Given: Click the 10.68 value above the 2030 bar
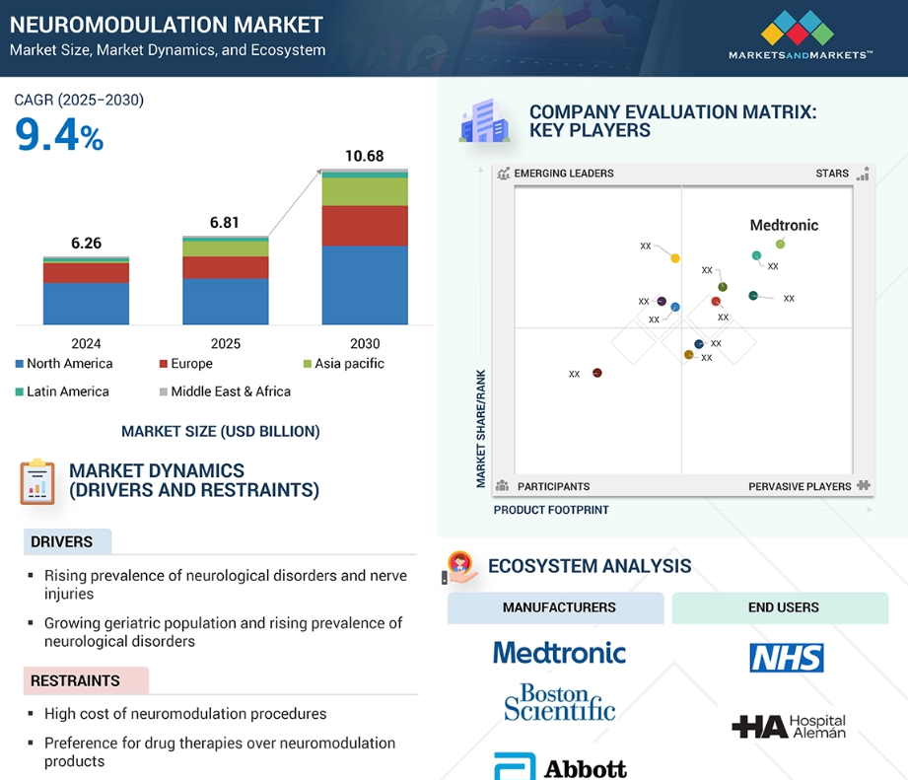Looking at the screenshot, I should click(x=364, y=156).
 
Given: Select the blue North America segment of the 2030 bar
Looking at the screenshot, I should click(x=364, y=285).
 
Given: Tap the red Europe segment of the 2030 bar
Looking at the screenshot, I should click(x=364, y=225).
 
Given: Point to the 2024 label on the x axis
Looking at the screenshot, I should click(x=86, y=343).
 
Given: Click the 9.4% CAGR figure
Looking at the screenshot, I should click(x=59, y=135).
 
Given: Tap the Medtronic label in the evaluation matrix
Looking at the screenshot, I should click(x=784, y=225).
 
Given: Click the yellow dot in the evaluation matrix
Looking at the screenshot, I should click(x=675, y=258).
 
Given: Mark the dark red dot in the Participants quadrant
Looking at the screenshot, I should click(x=596, y=373).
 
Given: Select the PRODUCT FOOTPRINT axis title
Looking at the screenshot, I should click(x=551, y=510).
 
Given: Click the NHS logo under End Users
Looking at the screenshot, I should click(x=786, y=657).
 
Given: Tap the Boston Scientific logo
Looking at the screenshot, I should click(x=559, y=701).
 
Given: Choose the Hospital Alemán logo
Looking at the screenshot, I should click(x=788, y=727).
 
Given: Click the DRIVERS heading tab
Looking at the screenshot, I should click(x=62, y=541).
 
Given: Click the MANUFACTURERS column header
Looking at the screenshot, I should click(x=558, y=607).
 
